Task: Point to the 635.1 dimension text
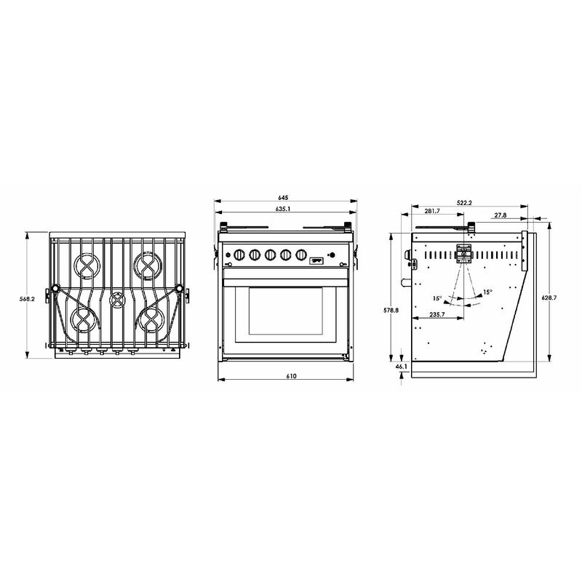coord(283,209)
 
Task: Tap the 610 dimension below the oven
coord(292,376)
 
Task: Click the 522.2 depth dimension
coord(464,203)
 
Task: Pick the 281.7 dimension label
coord(432,211)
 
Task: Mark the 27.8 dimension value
coord(501,215)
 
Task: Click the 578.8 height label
coord(391,311)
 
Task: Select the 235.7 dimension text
coord(437,314)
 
